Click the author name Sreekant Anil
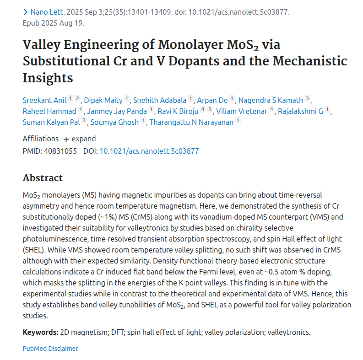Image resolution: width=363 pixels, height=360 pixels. [x=44, y=100]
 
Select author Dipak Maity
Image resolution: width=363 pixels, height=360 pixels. [x=103, y=100]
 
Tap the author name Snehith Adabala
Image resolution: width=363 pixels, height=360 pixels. [x=160, y=100]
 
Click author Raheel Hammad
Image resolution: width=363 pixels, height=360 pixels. [x=49, y=111]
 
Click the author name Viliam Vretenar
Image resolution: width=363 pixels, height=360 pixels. [x=242, y=111]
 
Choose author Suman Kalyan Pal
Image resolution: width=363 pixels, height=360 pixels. [x=52, y=122]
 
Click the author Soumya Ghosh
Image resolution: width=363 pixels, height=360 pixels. [x=115, y=122]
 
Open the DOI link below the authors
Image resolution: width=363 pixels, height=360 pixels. [x=149, y=150]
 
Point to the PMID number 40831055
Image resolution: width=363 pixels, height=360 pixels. [x=60, y=150]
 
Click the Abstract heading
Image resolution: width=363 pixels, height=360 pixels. [x=43, y=178]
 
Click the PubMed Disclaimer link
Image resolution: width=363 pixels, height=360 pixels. [x=50, y=349]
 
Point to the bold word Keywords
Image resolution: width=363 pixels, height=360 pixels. [x=40, y=332]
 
